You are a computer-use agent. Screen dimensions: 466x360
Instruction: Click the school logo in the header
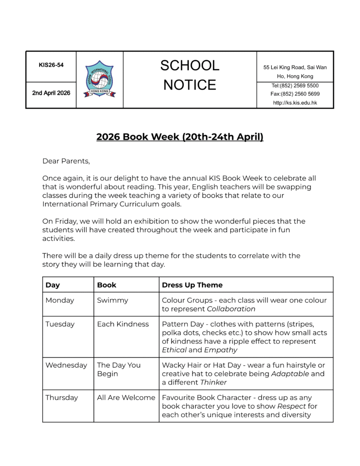point(100,79)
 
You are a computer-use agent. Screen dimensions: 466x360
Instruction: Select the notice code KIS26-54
point(51,65)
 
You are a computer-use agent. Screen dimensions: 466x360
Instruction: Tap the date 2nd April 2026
point(51,93)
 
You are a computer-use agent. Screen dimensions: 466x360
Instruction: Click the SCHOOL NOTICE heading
point(189,75)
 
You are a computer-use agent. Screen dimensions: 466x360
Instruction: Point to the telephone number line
point(295,86)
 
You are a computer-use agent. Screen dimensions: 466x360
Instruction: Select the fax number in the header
point(295,94)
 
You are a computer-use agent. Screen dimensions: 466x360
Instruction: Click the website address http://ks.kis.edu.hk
point(295,103)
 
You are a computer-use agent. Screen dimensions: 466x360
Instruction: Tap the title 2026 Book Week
point(180,137)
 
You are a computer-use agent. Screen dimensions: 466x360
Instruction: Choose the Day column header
point(53,285)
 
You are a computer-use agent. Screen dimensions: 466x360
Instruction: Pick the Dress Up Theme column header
point(192,285)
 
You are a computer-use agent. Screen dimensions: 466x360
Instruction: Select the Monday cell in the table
point(60,300)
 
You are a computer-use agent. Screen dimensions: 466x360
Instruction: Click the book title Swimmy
point(112,300)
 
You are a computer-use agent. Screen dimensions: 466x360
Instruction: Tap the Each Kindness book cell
point(123,324)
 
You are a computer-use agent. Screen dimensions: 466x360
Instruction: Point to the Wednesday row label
point(66,365)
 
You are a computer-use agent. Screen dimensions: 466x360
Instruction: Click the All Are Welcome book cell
point(126,398)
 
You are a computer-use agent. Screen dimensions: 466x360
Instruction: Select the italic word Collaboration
point(231,309)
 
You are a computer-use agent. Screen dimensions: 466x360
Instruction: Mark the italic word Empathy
point(220,350)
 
